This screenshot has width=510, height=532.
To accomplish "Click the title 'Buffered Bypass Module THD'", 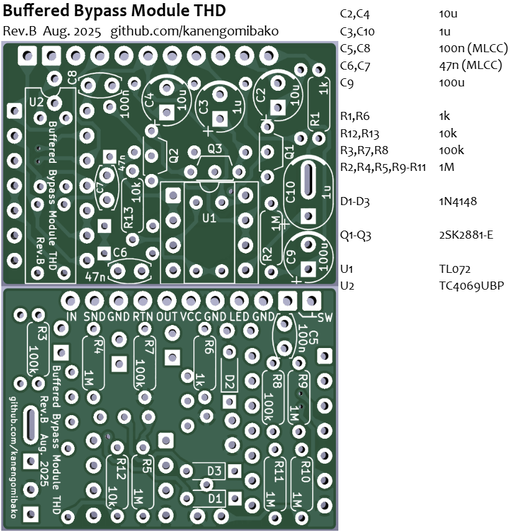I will click(x=114, y=11).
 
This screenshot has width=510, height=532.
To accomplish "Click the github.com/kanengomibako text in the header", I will click(x=195, y=31).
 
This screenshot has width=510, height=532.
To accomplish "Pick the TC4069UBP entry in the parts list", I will click(x=471, y=286).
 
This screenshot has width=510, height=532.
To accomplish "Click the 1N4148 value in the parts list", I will click(x=457, y=201).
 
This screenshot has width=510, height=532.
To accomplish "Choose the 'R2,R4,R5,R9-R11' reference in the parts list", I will click(x=382, y=167).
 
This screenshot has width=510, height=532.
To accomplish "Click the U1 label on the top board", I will click(x=209, y=218).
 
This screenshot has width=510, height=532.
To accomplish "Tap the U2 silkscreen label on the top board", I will click(x=36, y=101).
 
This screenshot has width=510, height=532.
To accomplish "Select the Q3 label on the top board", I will click(x=215, y=149).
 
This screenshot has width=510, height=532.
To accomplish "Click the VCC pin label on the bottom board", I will click(x=191, y=316).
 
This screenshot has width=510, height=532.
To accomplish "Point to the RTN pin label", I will click(x=143, y=316).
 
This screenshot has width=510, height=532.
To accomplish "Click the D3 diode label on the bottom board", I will click(x=215, y=470).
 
